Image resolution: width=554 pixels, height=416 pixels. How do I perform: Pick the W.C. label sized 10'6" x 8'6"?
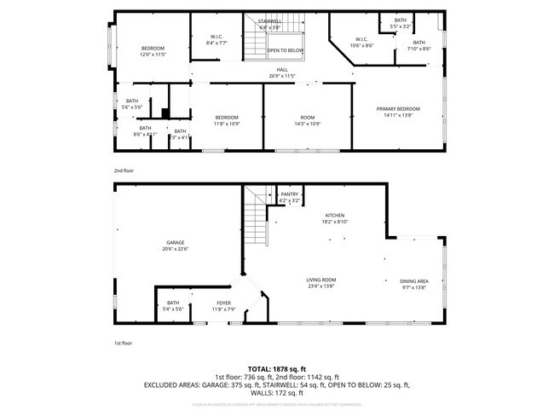pos(361,42)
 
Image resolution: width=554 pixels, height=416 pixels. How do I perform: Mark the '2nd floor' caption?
pos(124,170)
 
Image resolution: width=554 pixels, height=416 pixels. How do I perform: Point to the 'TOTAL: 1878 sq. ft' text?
pos(277,368)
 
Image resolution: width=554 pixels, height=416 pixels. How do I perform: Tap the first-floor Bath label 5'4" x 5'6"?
pos(174,305)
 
